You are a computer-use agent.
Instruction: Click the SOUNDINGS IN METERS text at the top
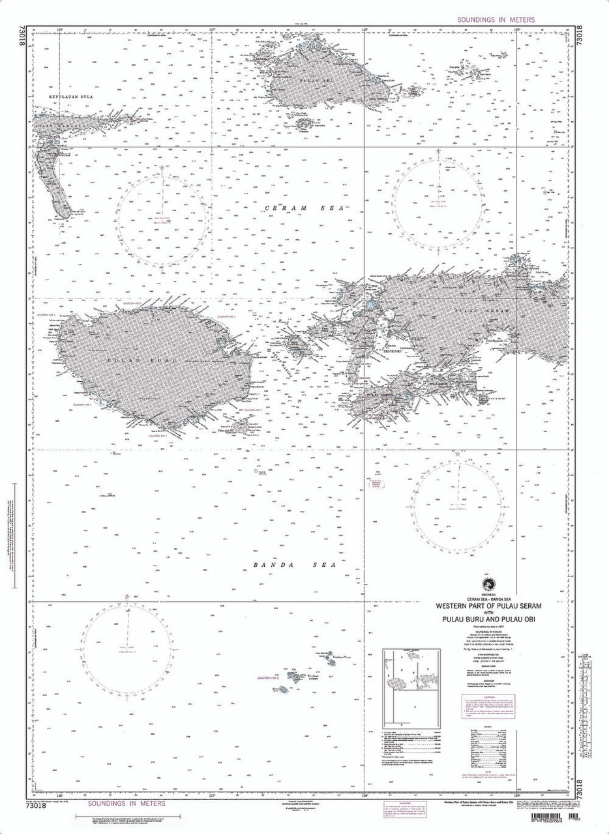point(496,20)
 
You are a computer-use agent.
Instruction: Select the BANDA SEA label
point(293,565)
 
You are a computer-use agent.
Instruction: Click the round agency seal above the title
point(485,583)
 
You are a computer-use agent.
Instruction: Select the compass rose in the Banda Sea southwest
point(128,648)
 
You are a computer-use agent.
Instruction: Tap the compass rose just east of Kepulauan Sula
point(160,220)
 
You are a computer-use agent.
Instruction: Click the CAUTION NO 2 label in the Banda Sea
point(267,678)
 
